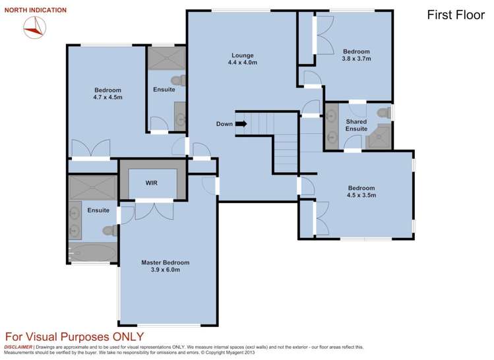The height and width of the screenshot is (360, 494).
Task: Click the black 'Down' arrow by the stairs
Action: point(241,123)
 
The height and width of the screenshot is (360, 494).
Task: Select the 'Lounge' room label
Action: point(242,55)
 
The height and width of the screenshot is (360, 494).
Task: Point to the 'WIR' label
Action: point(152,183)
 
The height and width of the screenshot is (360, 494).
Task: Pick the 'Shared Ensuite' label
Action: point(356,125)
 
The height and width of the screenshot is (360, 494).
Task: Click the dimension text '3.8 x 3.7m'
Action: point(356,59)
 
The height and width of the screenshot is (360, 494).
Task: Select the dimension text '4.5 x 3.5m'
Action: point(361,195)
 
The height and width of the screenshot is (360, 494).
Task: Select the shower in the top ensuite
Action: point(165,58)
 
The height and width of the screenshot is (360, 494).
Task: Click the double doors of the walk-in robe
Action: point(153,209)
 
